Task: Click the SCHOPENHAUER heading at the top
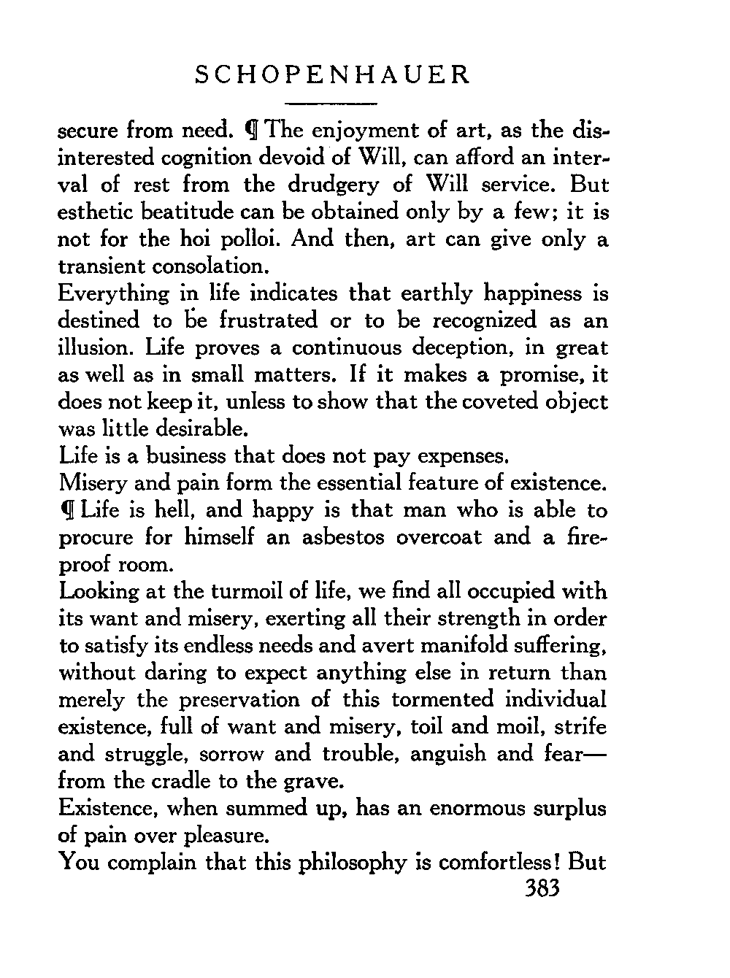pos(333,76)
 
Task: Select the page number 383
pos(541,890)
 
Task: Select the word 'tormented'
pos(442,700)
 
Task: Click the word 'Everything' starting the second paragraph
pos(112,294)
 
